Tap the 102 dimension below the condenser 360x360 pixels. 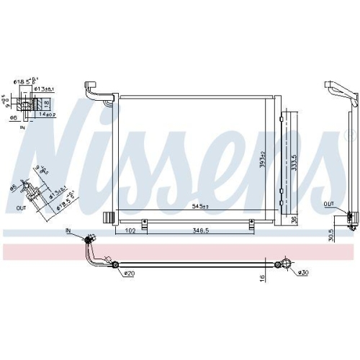point(130,231)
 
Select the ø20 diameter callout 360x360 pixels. point(130,273)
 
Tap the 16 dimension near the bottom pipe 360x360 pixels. point(264,276)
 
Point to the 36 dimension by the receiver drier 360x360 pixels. point(293,219)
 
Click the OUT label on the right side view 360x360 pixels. point(328,204)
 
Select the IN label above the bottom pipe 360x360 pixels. point(69,230)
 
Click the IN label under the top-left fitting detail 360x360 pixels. point(22,127)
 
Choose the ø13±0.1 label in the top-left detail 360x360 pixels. point(49,89)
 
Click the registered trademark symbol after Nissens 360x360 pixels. point(351,135)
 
